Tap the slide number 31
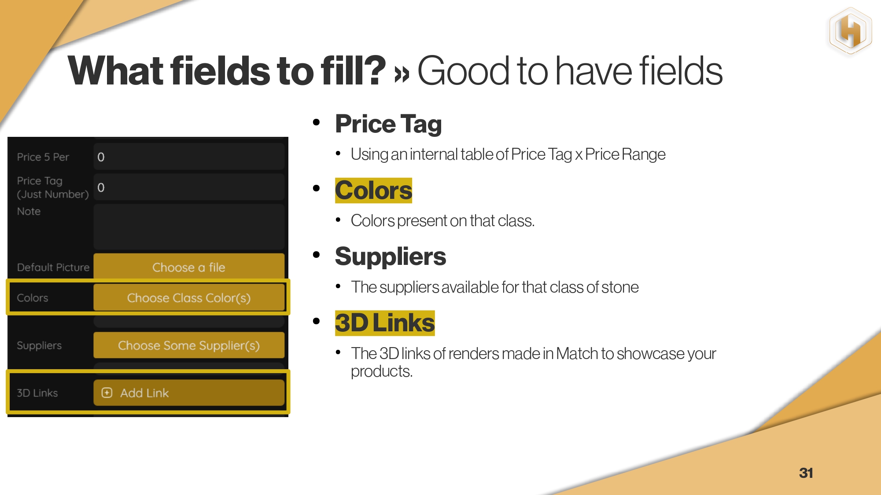tap(806, 473)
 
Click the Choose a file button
tap(189, 267)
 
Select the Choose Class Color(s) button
tap(189, 298)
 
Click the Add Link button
tap(189, 392)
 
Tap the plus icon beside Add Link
tap(107, 392)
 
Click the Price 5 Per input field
tap(189, 157)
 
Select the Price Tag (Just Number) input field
tap(189, 187)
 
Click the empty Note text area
tap(189, 227)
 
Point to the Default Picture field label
tap(53, 267)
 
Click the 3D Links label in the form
tap(37, 393)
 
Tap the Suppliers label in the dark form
tap(39, 345)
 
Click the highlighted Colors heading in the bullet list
tap(373, 191)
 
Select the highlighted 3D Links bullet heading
tap(385, 323)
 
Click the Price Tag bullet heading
tap(388, 124)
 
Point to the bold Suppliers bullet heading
tap(391, 257)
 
